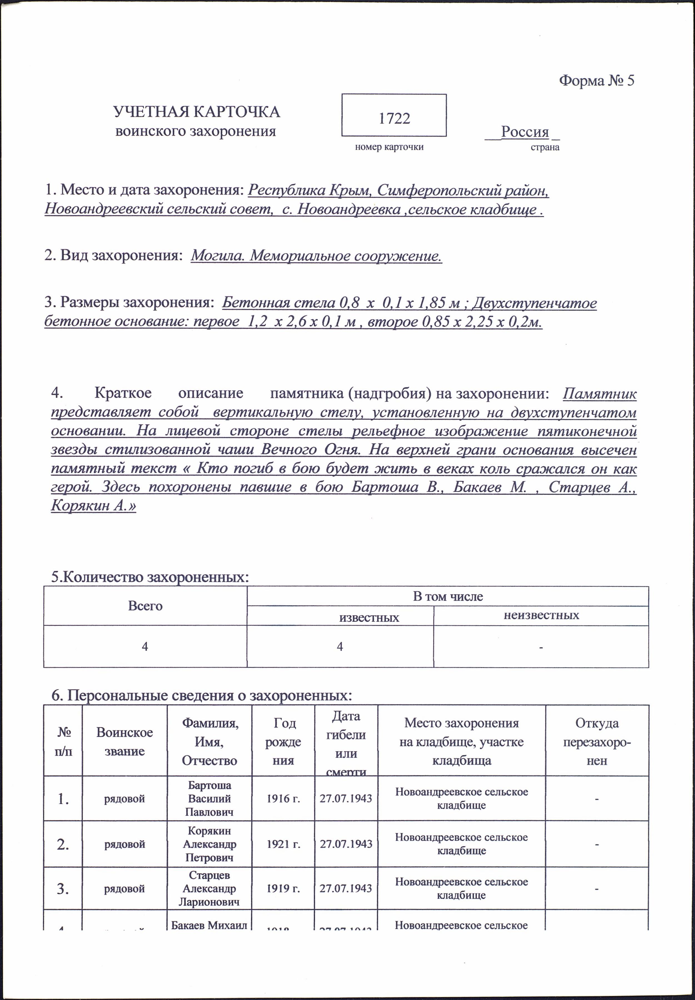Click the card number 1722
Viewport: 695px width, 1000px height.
(x=394, y=118)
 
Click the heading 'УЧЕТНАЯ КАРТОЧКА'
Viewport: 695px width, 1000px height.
(x=196, y=112)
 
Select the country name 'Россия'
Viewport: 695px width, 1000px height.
(x=525, y=131)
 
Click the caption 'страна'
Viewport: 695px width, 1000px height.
(x=545, y=147)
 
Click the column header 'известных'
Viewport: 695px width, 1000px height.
(x=369, y=618)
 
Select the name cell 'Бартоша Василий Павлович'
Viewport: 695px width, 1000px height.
(x=210, y=799)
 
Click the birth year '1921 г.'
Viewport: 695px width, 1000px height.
(x=283, y=844)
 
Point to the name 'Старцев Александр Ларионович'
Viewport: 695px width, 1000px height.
(x=210, y=889)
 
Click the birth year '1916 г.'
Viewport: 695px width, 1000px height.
(x=283, y=799)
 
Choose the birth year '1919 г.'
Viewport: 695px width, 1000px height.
(x=283, y=889)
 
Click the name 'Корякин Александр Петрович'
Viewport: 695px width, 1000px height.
(x=210, y=844)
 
